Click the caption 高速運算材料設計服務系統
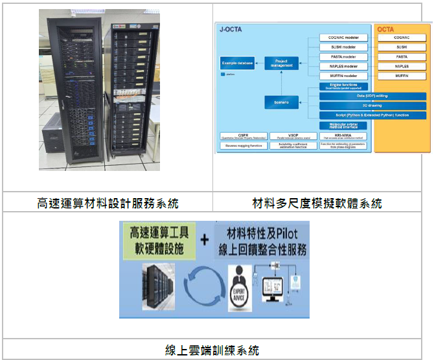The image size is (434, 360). pos(108,203)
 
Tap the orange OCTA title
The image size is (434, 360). pos(385,28)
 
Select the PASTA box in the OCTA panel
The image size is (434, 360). pos(402,56)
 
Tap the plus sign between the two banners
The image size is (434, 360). pos(205,240)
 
